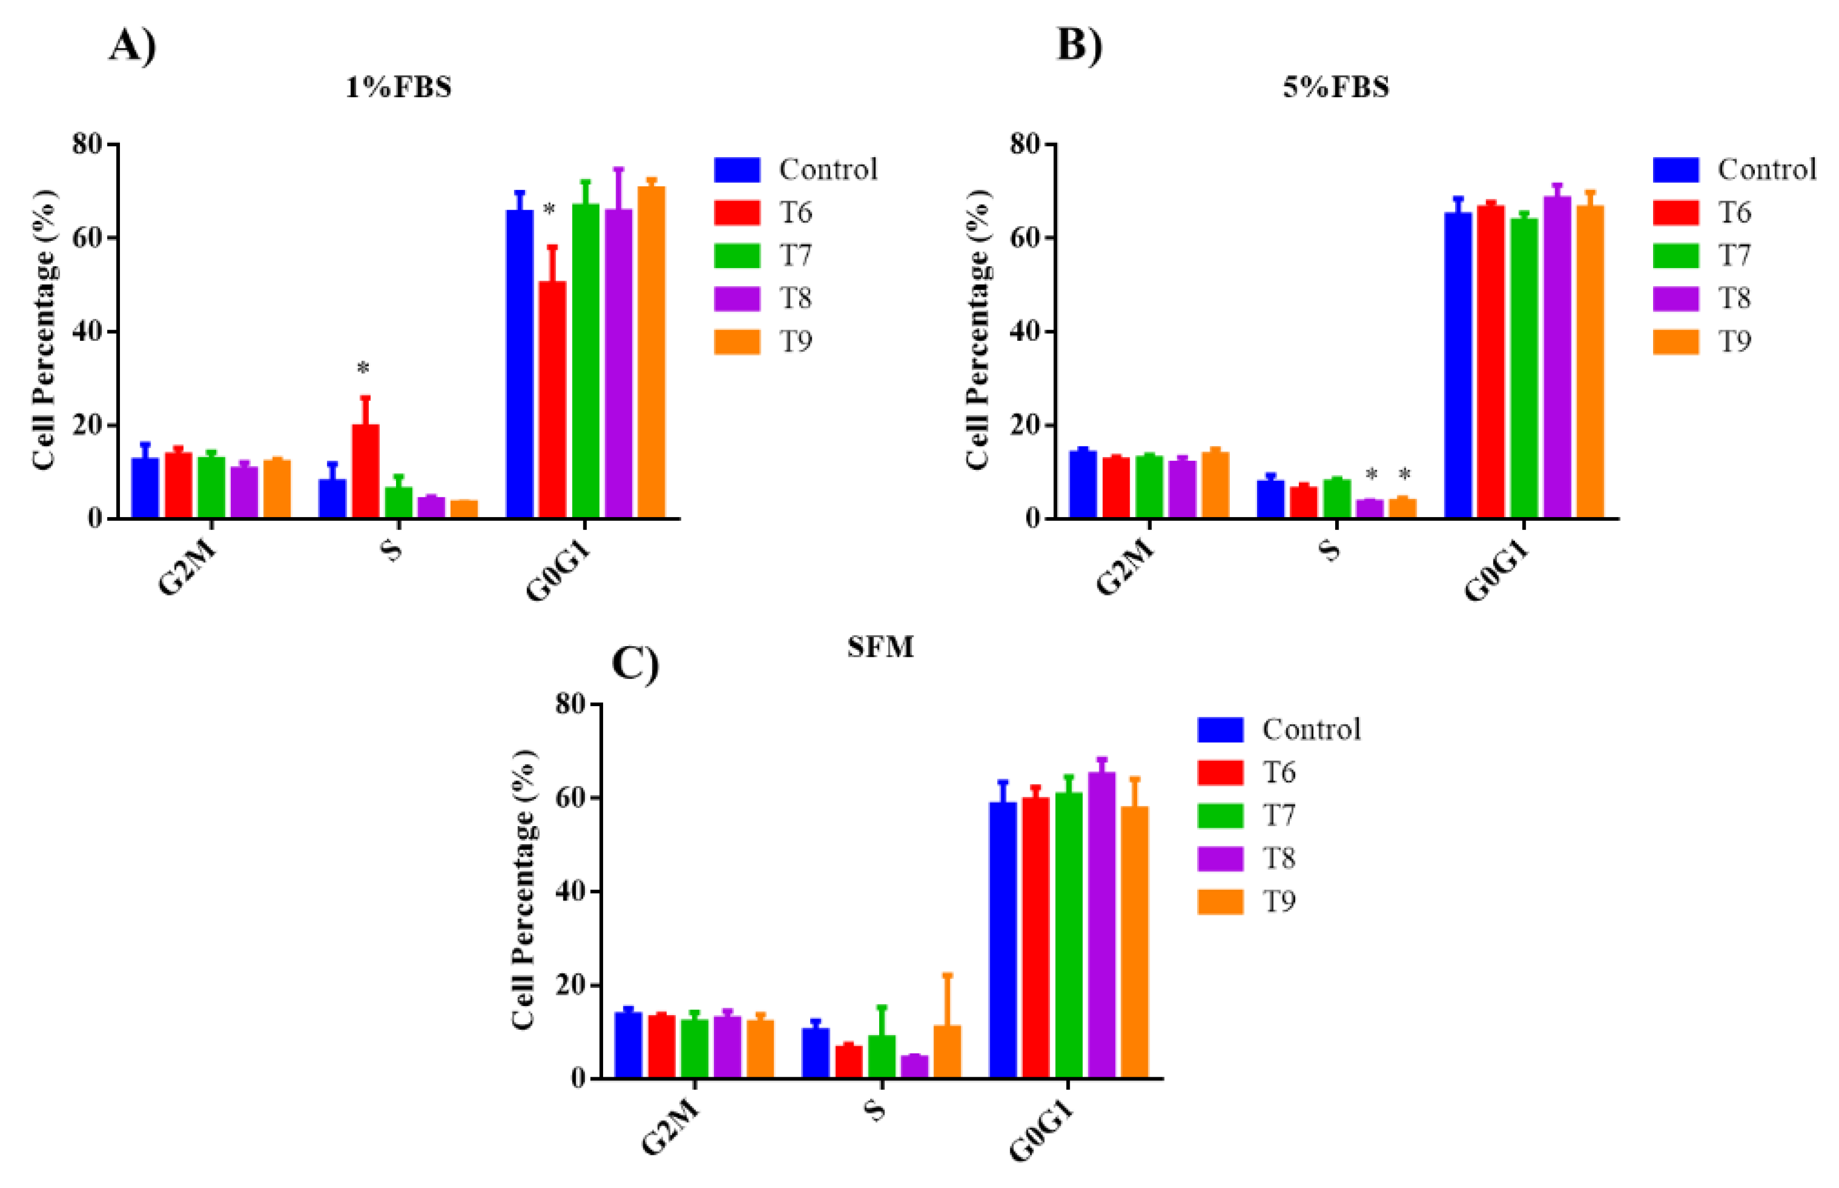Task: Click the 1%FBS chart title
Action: [x=398, y=87]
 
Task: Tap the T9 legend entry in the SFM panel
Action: [x=1245, y=901]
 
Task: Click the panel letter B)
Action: [x=1078, y=45]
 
